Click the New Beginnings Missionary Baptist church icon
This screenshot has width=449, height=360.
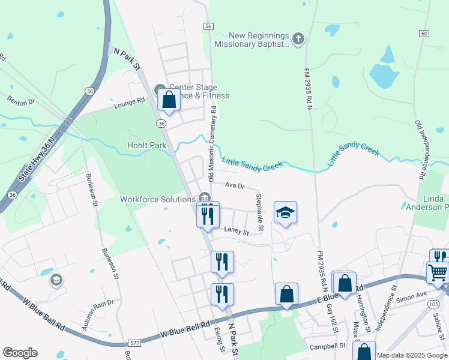(x=298, y=39)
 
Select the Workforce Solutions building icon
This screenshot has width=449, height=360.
(x=204, y=198)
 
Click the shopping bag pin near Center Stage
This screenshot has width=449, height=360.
(x=169, y=100)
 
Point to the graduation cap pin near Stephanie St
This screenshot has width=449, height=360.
(x=286, y=213)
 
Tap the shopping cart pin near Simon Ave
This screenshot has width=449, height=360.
(x=438, y=272)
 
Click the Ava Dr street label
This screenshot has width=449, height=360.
(x=235, y=186)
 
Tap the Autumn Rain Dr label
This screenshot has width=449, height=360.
(x=98, y=314)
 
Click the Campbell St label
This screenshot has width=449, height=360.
(x=327, y=346)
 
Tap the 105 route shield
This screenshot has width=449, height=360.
(x=434, y=304)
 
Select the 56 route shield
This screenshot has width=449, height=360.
(x=208, y=27)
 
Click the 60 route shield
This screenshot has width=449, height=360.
(x=424, y=33)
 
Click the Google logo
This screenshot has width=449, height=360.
(x=20, y=353)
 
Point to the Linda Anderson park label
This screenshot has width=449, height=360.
(x=427, y=203)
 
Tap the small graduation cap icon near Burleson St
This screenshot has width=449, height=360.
(x=56, y=280)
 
